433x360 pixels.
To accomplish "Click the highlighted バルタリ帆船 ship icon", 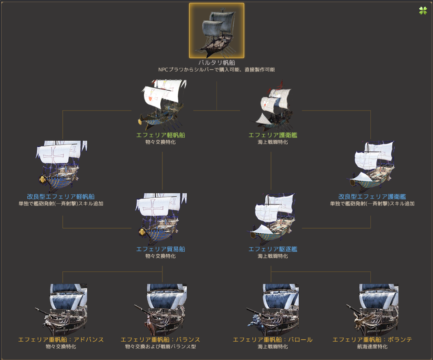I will (x=216, y=31).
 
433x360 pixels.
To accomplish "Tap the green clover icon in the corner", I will (x=423, y=11).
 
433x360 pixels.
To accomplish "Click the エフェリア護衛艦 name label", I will (x=273, y=135).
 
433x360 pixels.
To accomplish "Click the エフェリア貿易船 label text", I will (x=160, y=249).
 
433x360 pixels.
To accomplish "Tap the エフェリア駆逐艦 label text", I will (x=273, y=249).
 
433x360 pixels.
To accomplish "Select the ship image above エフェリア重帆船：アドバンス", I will (x=65, y=308).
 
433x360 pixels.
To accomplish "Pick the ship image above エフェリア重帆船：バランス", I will (x=161, y=308).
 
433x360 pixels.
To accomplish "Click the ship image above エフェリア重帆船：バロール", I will (x=273, y=308).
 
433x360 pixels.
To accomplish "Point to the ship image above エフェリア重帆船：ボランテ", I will (x=372, y=308).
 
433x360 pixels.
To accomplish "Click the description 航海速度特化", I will (x=372, y=347).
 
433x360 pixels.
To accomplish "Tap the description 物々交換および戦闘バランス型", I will (x=160, y=347).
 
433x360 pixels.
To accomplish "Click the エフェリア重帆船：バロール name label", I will (x=273, y=340).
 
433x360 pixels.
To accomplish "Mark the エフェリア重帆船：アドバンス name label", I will (x=61, y=340).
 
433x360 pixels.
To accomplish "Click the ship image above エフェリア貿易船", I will (x=161, y=218).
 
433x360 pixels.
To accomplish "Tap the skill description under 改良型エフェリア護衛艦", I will (x=372, y=203).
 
